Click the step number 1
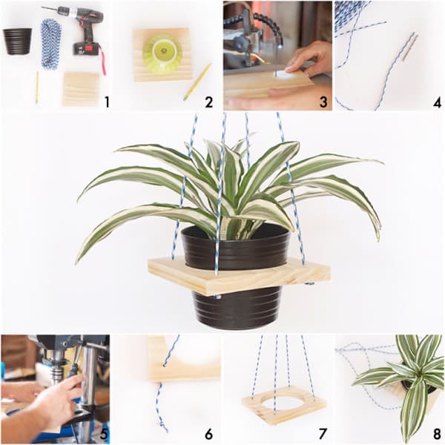107,102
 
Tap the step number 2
208,102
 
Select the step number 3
323,102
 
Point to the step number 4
438,102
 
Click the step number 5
104,434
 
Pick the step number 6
208,434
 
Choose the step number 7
323,434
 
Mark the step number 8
438,434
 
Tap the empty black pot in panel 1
17,42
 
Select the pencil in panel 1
37,88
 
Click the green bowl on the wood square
162,54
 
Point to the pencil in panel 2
197,82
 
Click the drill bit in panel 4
409,47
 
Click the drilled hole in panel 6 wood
165,366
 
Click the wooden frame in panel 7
284,405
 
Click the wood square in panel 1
82,89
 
